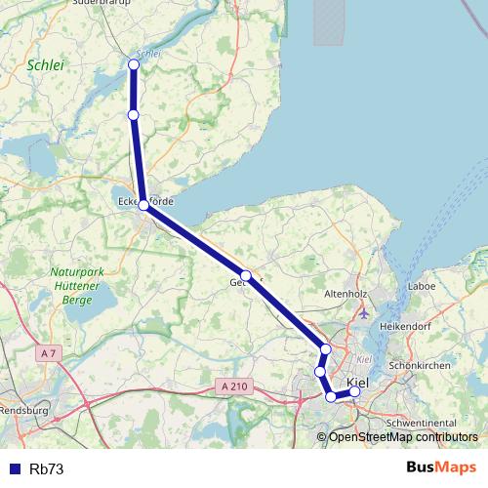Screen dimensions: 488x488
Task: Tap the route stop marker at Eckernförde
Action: (143, 205)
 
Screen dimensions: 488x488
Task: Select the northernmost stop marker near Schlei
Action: (134, 64)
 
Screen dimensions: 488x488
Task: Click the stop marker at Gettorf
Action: (247, 275)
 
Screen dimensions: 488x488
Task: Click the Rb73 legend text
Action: (47, 468)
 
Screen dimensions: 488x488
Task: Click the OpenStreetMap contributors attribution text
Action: (403, 436)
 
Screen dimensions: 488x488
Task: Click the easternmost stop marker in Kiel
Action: (354, 391)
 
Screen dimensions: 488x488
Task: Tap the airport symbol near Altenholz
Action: (364, 314)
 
